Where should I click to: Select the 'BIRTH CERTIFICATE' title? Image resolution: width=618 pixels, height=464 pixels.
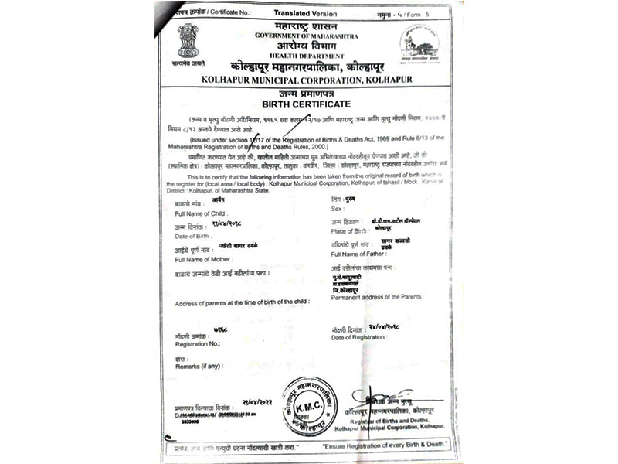coord(306,104)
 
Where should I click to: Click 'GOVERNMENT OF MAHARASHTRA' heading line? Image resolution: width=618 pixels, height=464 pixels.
coord(297,36)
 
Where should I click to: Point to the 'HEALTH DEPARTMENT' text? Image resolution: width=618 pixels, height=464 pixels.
coord(297,56)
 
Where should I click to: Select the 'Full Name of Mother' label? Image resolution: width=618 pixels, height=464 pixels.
coord(204,258)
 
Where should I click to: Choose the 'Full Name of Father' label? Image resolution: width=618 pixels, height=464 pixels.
coord(361,254)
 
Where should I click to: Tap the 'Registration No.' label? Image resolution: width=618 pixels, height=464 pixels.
coord(198,343)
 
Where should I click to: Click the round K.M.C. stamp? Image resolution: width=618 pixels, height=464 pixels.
coord(310,407)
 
